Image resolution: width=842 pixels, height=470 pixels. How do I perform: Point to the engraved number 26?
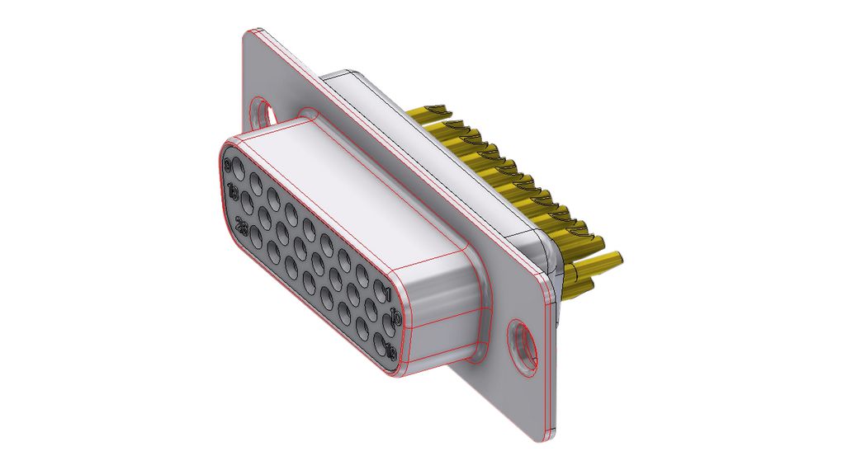click(242, 225)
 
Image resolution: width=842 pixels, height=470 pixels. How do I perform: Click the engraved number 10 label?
click(395, 317)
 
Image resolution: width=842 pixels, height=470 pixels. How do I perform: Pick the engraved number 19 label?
click(390, 353)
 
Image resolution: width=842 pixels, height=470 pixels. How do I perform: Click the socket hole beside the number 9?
click(238, 173)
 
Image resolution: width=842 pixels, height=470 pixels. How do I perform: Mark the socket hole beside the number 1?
click(378, 291)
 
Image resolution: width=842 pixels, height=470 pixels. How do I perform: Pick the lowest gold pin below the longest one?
click(581, 287)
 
